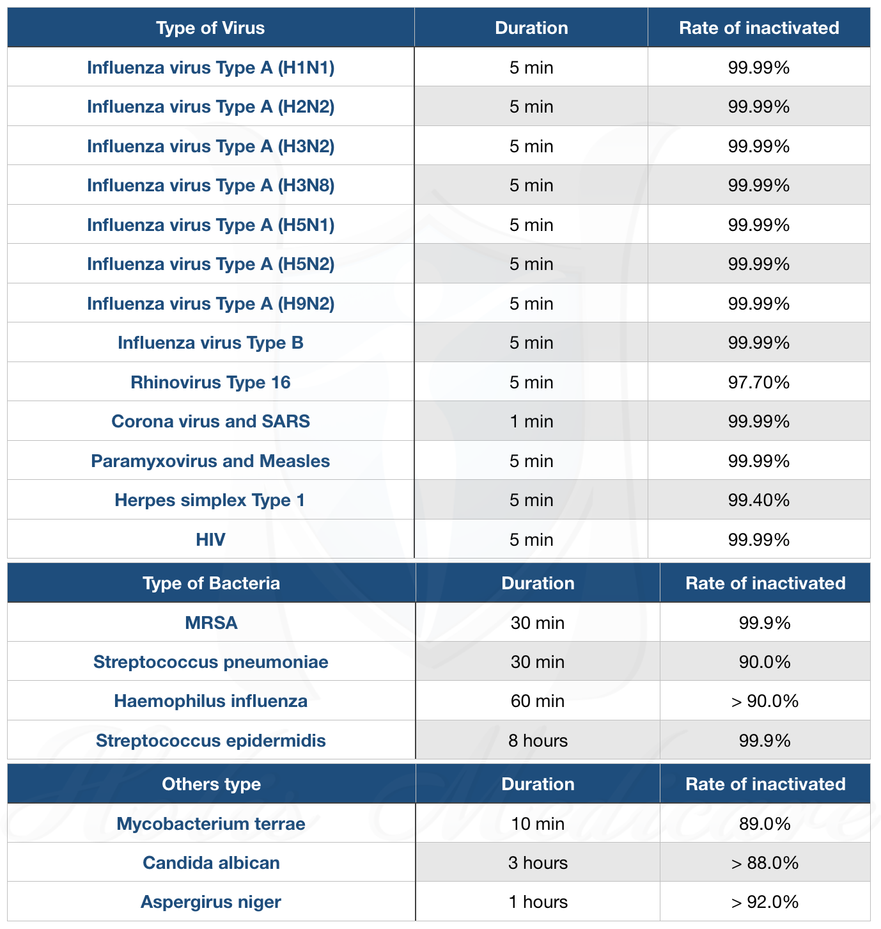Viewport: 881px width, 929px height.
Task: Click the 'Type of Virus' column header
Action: pyautogui.click(x=210, y=28)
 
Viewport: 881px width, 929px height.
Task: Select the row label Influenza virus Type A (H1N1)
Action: pyautogui.click(x=211, y=68)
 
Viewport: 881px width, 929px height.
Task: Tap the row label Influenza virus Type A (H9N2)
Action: pyautogui.click(x=211, y=303)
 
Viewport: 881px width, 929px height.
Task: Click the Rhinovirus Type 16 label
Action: pyautogui.click(x=211, y=382)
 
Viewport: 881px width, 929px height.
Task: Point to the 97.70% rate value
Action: pyautogui.click(x=759, y=382)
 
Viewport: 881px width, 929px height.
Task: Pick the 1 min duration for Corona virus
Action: pyautogui.click(x=531, y=422)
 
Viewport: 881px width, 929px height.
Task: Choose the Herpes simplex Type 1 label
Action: pyautogui.click(x=210, y=500)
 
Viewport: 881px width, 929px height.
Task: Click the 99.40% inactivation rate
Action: pyautogui.click(x=759, y=500)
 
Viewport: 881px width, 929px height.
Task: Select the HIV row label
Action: pyautogui.click(x=211, y=539)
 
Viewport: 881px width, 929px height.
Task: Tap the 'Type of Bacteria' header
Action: pyautogui.click(x=211, y=583)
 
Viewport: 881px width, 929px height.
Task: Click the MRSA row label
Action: pyautogui.click(x=211, y=623)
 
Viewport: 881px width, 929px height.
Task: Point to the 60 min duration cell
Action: pyautogui.click(x=538, y=701)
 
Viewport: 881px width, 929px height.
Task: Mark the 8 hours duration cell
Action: pyautogui.click(x=538, y=740)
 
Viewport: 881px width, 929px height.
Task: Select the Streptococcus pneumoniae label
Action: pyautogui.click(x=211, y=662)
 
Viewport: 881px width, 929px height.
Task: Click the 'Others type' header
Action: pyautogui.click(x=211, y=784)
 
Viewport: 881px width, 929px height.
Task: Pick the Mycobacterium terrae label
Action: pyautogui.click(x=211, y=823)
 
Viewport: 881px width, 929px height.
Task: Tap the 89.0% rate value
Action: pyautogui.click(x=765, y=823)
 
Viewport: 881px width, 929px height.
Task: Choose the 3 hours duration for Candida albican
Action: pyautogui.click(x=538, y=863)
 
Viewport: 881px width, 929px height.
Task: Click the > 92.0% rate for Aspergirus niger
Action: pyautogui.click(x=765, y=902)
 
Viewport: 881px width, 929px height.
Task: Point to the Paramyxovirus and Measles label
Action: pyautogui.click(x=210, y=461)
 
